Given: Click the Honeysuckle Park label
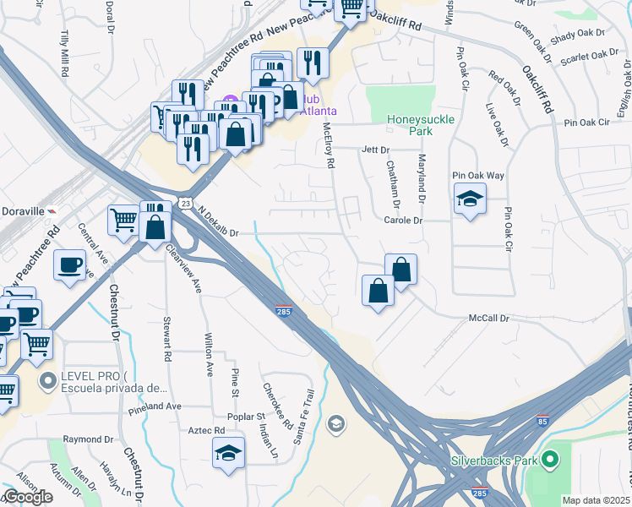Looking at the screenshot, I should pos(421,125).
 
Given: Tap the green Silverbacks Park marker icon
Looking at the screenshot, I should pos(551,461).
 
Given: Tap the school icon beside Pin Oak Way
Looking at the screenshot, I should pos(469,200).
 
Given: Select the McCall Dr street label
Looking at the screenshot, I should pos(490,319).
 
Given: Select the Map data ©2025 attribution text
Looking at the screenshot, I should pos(597,500).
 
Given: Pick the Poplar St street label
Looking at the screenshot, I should pos(247,417).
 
